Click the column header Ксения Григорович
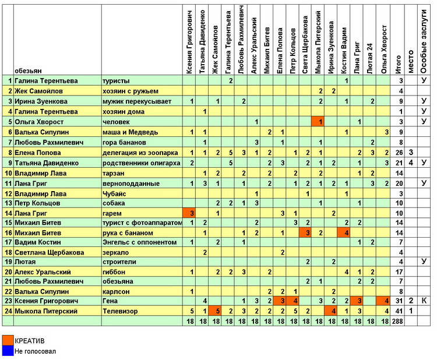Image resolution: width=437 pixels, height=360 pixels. click(189, 42)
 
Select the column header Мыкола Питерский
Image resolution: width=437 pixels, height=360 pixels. click(318, 42)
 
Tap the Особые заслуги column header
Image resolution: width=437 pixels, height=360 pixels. click(424, 41)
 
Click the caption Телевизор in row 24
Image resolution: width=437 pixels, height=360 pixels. click(120, 311)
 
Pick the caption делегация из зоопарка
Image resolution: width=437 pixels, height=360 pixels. click(140, 153)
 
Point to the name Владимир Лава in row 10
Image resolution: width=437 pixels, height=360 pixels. click(40, 174)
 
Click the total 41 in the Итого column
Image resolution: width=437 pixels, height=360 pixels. click(399, 311)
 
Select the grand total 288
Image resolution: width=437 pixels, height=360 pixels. click(397, 322)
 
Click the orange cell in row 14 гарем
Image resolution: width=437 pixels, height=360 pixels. click(189, 213)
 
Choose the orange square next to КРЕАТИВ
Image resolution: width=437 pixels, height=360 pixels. click(8, 340)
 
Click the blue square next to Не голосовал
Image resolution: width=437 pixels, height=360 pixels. click(8, 351)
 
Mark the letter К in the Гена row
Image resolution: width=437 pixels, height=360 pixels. click(424, 301)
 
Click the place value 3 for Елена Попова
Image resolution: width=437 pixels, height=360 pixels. click(411, 153)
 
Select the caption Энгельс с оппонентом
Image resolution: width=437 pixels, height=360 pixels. click(140, 242)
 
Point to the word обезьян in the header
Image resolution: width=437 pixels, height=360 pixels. click(28, 70)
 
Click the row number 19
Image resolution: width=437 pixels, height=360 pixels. click(8, 262)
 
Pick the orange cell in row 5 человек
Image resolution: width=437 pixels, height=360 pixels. click(318, 122)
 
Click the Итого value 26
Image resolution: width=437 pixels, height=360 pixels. click(399, 153)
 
